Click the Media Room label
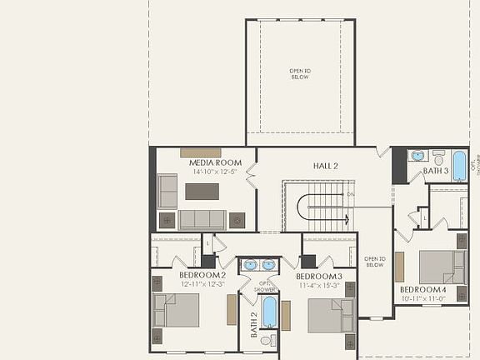215,162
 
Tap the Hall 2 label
325,166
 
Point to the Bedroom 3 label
319,276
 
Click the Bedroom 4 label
422,289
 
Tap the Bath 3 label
436,171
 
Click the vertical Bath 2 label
254,325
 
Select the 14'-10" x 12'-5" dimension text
215,172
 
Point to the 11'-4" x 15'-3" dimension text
319,285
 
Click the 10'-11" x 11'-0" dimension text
422,297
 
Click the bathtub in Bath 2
269,311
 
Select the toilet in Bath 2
268,340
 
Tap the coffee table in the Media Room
202,191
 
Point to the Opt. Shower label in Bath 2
265,286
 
